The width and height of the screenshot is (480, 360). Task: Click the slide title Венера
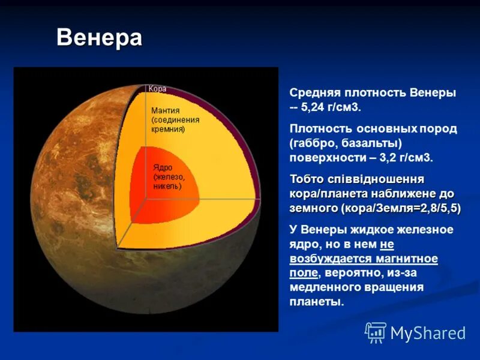[x=99, y=38]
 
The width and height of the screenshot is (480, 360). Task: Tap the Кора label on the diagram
[x=157, y=89]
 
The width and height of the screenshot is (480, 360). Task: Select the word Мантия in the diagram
[x=165, y=110]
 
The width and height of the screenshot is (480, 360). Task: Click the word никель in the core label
[x=167, y=186]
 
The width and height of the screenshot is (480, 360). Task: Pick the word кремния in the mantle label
[x=167, y=129]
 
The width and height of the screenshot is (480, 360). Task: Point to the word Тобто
[x=307, y=179]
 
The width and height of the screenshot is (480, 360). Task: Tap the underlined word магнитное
[x=407, y=259]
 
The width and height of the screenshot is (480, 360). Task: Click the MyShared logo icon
[x=376, y=332]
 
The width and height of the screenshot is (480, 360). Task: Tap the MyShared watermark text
[x=428, y=333]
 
